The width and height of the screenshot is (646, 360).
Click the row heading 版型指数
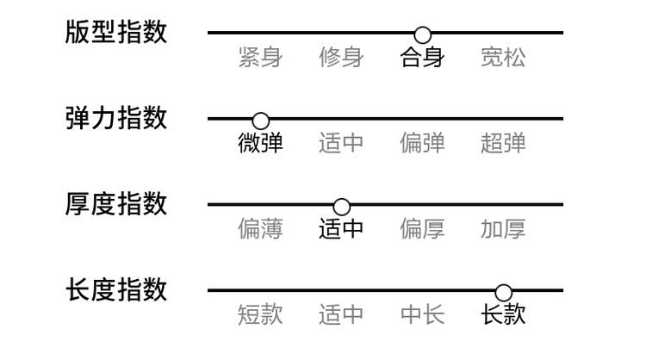[x=116, y=32]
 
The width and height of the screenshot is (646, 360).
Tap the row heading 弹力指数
[x=116, y=118]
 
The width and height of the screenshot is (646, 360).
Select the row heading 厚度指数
[x=116, y=204]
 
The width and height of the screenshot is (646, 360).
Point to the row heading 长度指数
[x=116, y=290]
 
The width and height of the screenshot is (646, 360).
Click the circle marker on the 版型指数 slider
[x=422, y=35]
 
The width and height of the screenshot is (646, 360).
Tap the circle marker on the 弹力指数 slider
[x=260, y=121]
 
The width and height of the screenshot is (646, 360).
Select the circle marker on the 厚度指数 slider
[x=342, y=207]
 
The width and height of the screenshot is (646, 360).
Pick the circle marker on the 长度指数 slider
[x=504, y=293]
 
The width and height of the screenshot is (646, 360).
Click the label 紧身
[x=260, y=57]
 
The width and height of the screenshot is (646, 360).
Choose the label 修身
[x=341, y=57]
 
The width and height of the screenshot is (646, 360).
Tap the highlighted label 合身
[x=422, y=57]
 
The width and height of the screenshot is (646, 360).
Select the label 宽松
[x=503, y=57]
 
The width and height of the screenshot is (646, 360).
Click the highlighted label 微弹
[x=260, y=143]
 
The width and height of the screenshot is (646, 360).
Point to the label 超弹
[x=503, y=143]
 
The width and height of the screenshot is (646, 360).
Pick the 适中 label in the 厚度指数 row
[x=341, y=229]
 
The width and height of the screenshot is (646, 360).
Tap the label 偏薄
[x=260, y=229]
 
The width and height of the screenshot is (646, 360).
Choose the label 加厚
[x=503, y=229]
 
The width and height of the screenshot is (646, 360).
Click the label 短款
[x=260, y=315]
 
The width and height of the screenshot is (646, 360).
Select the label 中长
[x=422, y=315]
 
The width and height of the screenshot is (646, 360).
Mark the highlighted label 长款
[x=503, y=315]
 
